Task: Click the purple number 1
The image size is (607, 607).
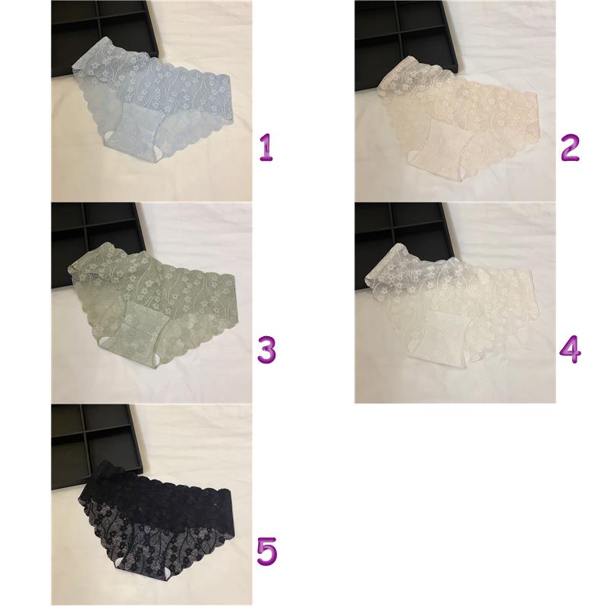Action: click(266, 147)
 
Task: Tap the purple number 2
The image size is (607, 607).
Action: click(570, 147)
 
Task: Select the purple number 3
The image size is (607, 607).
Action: click(267, 349)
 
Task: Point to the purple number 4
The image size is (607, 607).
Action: click(571, 349)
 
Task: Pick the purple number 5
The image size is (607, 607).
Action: click(267, 551)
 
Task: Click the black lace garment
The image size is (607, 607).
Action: click(157, 524)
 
